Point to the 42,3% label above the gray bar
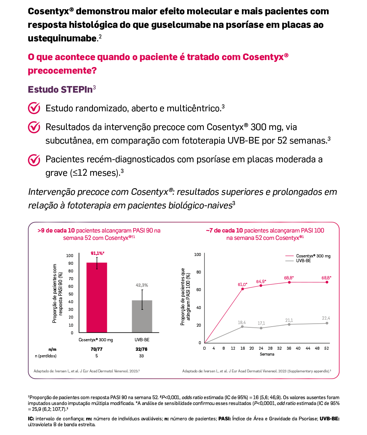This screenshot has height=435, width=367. tap(142, 285)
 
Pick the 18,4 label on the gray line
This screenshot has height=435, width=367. tap(241, 322)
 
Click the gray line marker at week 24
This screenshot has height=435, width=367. tap(261, 328)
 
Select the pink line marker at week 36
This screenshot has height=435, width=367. tap(289, 282)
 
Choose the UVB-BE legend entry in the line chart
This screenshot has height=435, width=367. tap(303, 261)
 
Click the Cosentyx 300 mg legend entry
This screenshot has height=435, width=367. tap(313, 256)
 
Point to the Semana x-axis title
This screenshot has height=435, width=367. tap(267, 354)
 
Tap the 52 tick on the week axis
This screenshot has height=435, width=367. tap(327, 348)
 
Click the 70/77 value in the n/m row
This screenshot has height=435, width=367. tap(97, 349)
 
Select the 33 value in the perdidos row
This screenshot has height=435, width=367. tap(142, 356)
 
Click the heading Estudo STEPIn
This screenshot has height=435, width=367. tap(60, 89)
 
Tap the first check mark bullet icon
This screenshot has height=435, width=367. tap(34, 108)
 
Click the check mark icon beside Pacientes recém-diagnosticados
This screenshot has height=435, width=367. tap(34, 160)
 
